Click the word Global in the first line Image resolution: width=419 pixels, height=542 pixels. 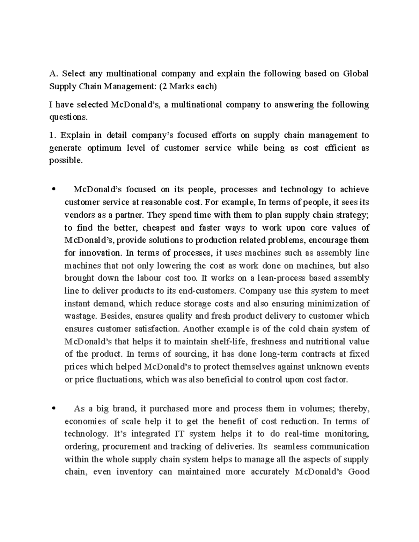[x=356, y=74]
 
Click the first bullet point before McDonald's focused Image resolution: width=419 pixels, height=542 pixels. [x=53, y=190]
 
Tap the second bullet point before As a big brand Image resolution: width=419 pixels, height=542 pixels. [x=53, y=409]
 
